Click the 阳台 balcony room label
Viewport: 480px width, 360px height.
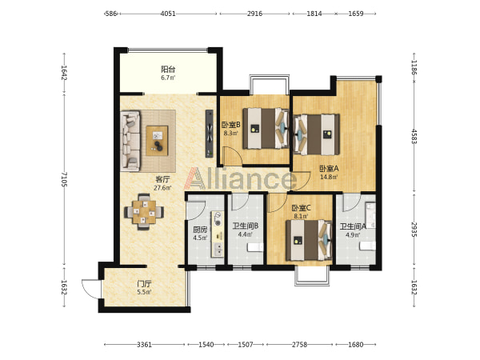[x=168, y=69]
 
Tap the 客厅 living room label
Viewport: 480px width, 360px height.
[x=162, y=179]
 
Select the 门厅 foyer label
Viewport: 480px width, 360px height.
[x=145, y=284]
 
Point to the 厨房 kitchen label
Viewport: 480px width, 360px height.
[x=200, y=230]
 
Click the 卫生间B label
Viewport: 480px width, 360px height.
[x=246, y=226]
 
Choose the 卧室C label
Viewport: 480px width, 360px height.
[x=302, y=208]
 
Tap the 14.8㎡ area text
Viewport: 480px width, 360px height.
[x=329, y=177]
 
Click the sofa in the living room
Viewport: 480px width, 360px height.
[x=130, y=141]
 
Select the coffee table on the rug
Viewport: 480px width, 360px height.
[x=157, y=141]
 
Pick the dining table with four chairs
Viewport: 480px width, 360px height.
[x=144, y=211]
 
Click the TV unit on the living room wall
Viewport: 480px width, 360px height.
[x=210, y=134]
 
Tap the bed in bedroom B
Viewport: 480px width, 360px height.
[x=266, y=128]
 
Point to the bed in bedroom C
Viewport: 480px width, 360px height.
[x=309, y=240]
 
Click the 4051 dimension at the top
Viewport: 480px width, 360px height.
[x=168, y=14]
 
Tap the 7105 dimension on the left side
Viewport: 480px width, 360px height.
[x=64, y=179]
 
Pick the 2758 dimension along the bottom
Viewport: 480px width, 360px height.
[x=299, y=345]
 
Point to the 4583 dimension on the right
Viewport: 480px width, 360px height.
[x=414, y=137]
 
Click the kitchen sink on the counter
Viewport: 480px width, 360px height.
[x=218, y=249]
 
